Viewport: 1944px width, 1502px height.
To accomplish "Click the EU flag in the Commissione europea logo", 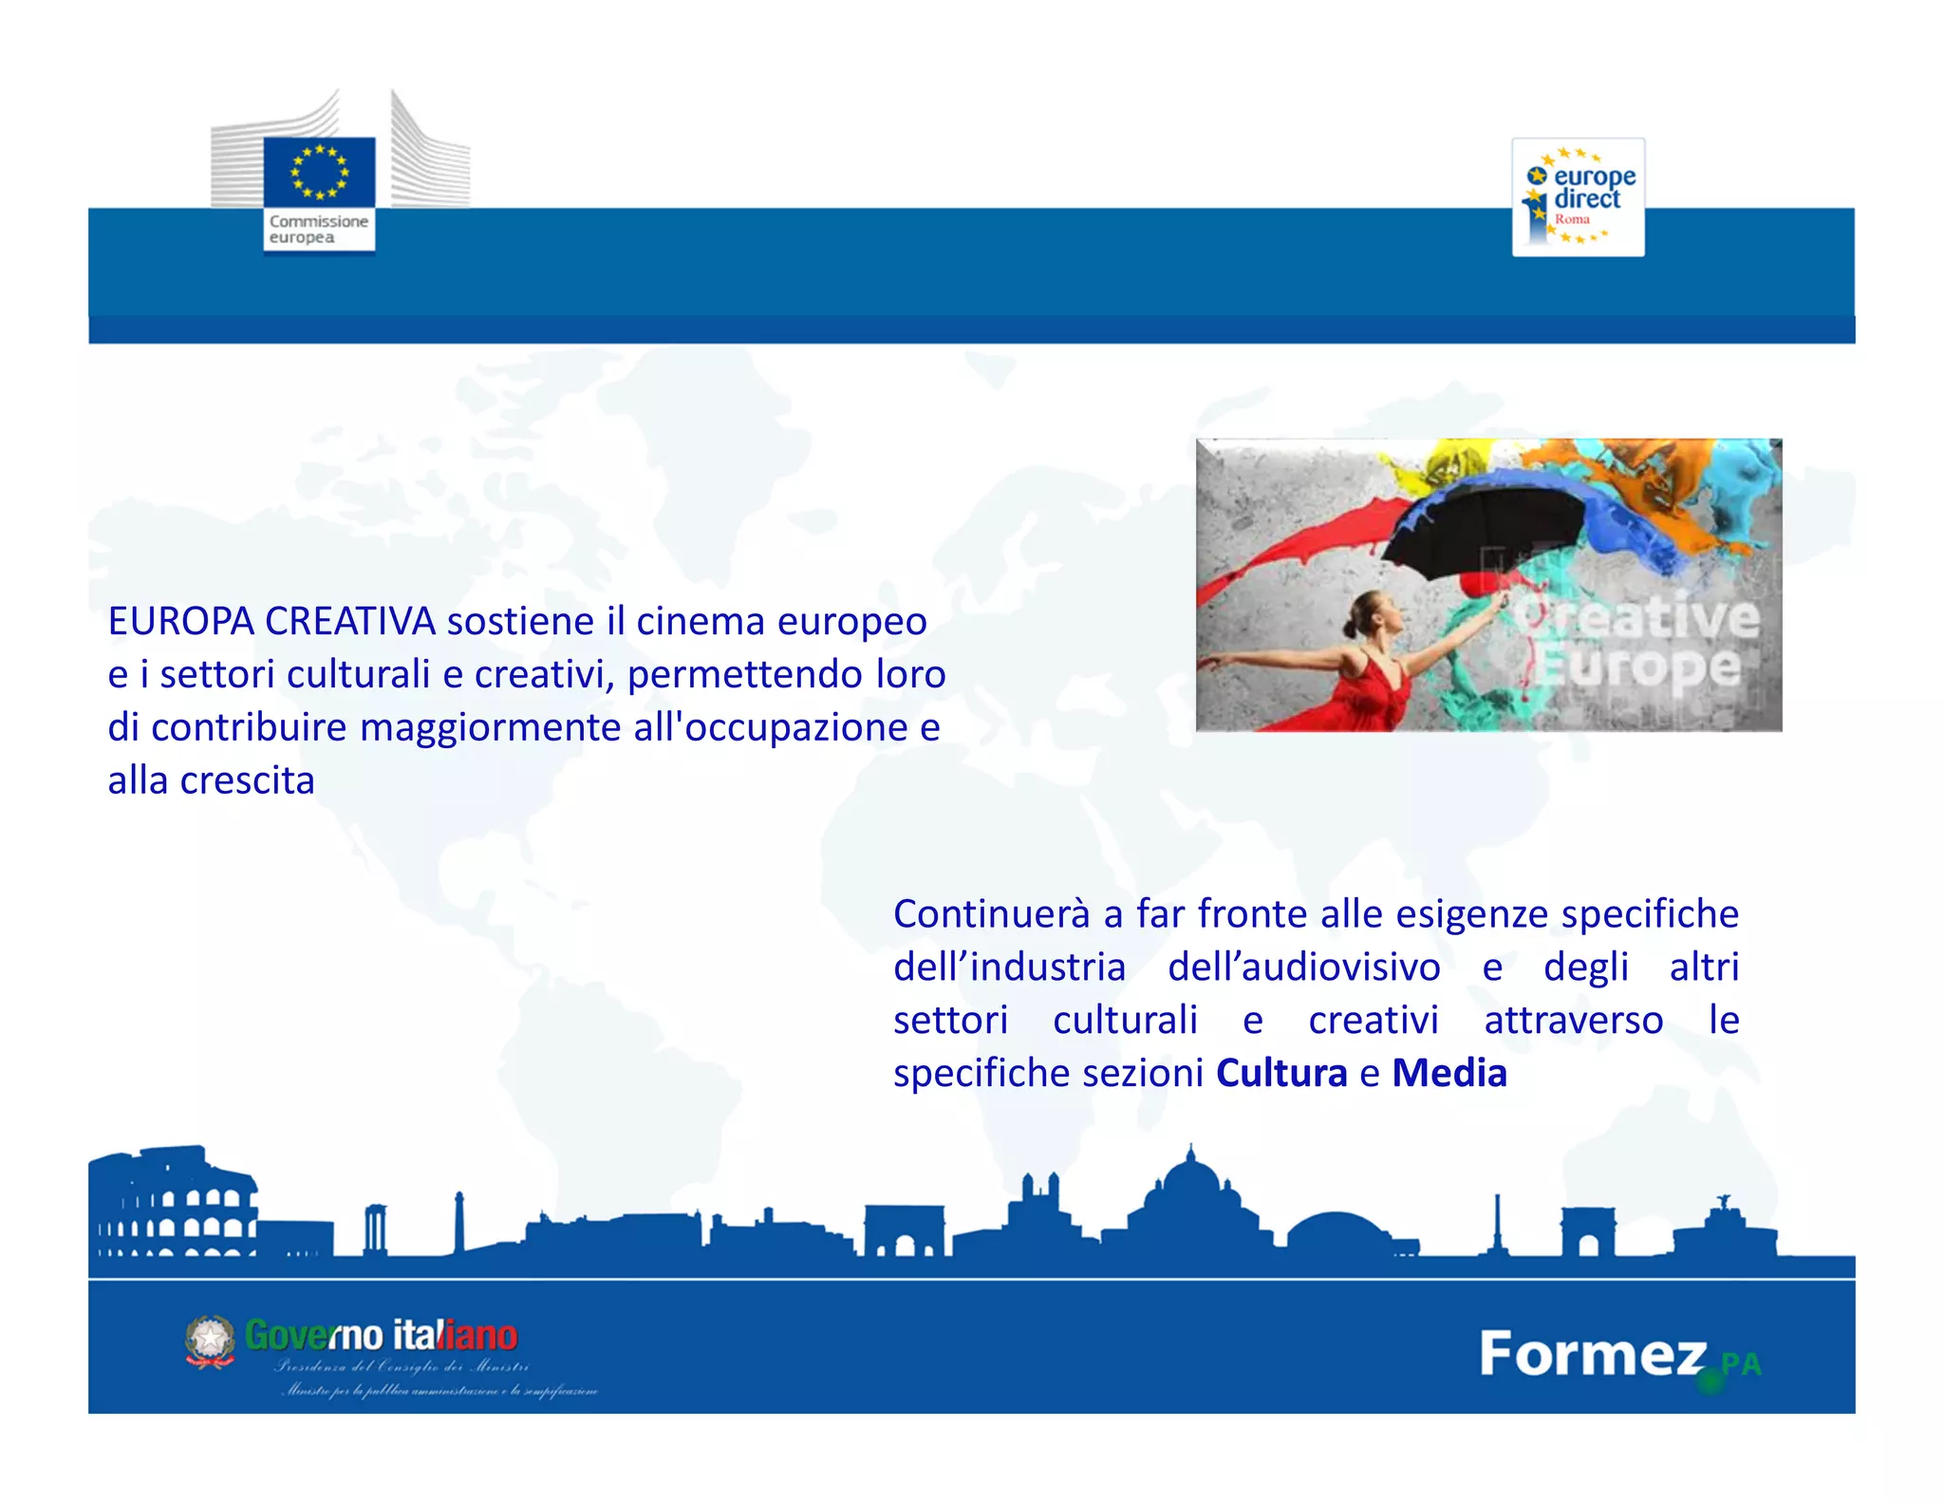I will (319, 171).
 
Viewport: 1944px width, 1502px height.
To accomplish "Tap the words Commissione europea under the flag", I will (318, 229).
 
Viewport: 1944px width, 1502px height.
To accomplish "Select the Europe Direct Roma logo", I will (1578, 197).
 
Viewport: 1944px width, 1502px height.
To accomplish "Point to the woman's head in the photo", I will (1367, 612).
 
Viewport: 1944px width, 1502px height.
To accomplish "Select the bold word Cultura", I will (1281, 1074).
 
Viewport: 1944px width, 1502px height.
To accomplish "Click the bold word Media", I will (1449, 1074).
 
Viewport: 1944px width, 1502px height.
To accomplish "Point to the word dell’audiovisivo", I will (1304, 967).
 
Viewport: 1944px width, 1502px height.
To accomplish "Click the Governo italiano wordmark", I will (381, 1336).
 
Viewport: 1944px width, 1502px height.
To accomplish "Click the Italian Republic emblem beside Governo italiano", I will (210, 1342).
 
